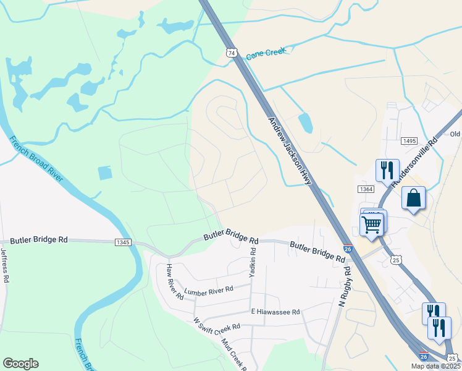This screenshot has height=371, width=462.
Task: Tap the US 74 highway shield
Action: coord(231,53)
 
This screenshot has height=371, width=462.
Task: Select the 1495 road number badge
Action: coord(409,142)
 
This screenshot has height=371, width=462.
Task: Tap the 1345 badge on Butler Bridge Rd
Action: coord(123,242)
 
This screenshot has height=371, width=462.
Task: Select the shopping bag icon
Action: coord(413,198)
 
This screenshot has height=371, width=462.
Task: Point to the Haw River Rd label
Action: coord(174,281)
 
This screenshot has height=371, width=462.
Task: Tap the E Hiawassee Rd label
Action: coord(275,312)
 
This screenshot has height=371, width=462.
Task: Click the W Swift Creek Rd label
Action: coord(216,326)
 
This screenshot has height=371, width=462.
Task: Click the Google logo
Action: coord(20,364)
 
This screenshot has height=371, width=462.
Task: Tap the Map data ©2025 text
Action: coord(435,366)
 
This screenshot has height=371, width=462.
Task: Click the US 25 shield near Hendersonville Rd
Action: coord(396,260)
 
